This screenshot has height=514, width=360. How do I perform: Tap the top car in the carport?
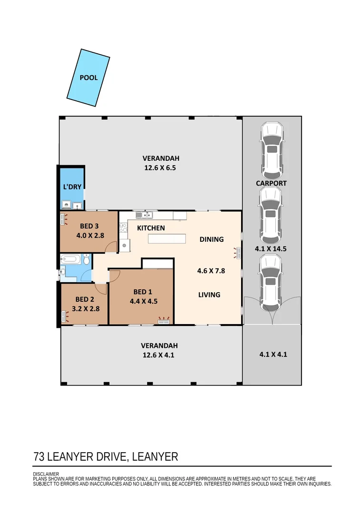(x=272, y=149)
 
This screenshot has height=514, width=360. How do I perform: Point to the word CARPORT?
(x=271, y=183)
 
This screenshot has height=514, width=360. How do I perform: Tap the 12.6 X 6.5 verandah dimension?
(x=161, y=168)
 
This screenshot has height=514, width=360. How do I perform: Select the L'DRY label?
(x=72, y=187)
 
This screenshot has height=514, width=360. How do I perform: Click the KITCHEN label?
(x=151, y=228)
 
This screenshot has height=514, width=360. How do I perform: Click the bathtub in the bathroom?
(x=71, y=260)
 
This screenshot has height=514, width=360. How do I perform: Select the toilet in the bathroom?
(x=86, y=260)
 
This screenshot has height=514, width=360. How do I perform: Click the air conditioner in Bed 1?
(x=165, y=321)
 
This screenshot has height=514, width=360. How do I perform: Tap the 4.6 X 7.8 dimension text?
(x=211, y=271)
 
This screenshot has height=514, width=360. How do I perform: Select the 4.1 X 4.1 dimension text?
(x=272, y=354)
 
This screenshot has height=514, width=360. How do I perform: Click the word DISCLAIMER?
(x=46, y=474)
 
